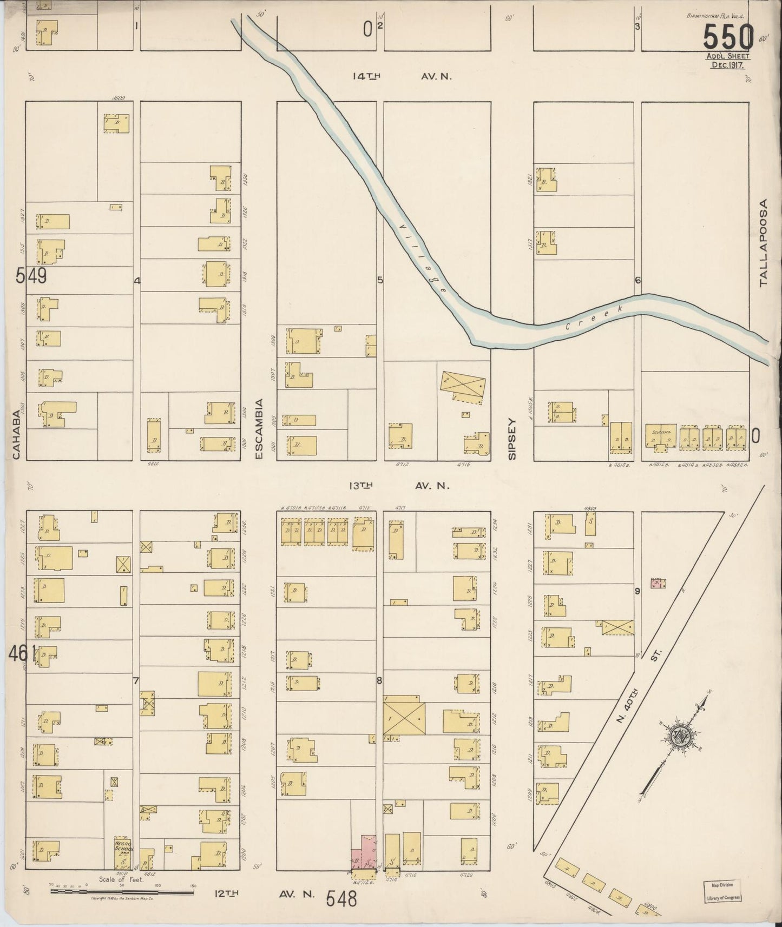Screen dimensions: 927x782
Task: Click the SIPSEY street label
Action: (x=512, y=438)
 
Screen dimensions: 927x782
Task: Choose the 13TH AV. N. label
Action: (x=399, y=486)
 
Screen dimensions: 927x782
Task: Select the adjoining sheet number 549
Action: (x=31, y=276)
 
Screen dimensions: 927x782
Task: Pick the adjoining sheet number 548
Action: (x=342, y=899)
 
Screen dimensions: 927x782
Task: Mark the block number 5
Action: (x=380, y=280)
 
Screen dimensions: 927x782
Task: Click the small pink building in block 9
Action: (x=658, y=584)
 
